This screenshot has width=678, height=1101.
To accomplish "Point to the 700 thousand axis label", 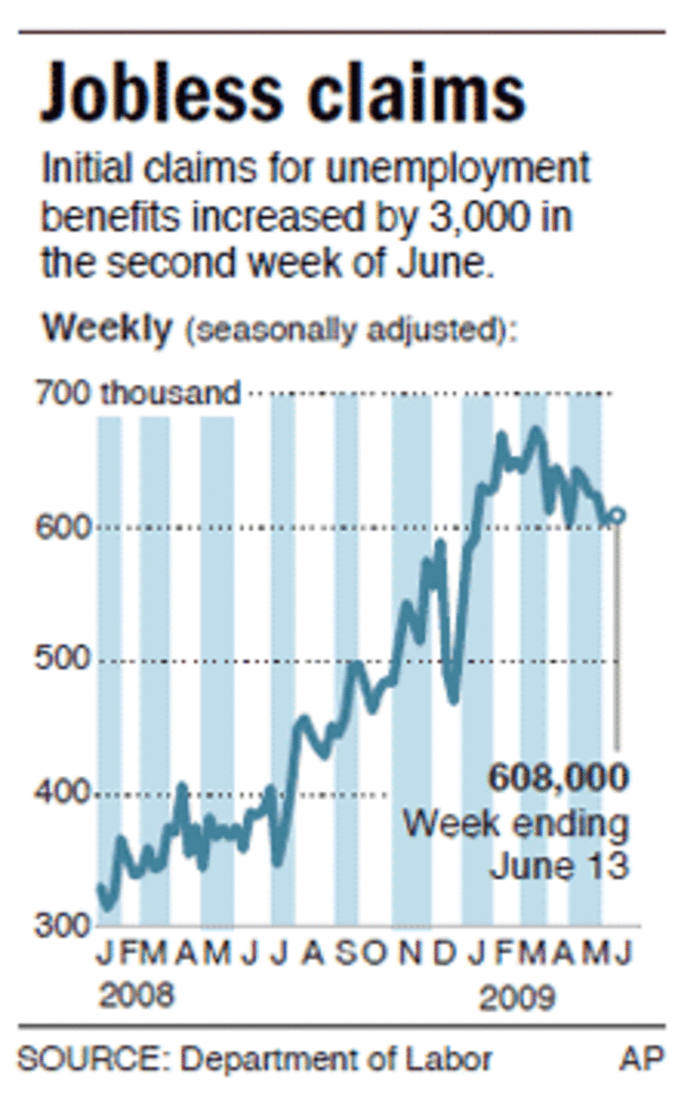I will click(138, 393).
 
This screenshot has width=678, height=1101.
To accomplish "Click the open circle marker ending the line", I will click(617, 515).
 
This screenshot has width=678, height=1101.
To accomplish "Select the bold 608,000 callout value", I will click(558, 777).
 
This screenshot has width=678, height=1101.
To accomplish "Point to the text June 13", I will click(558, 865).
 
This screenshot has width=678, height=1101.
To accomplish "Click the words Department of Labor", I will click(336, 1059).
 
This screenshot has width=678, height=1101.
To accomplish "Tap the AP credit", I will click(642, 1059).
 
